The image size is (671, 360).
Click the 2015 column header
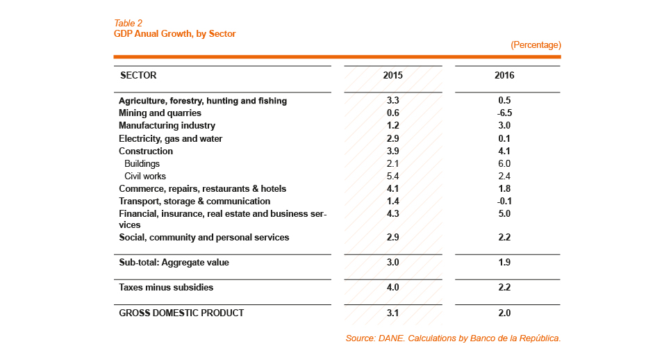(392, 75)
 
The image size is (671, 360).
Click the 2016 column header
(504, 75)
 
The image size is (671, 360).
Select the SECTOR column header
(138, 75)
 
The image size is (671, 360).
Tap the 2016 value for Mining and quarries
(504, 113)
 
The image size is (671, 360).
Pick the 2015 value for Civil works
(392, 177)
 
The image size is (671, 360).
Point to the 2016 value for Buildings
(504, 164)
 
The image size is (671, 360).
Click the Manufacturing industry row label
(167, 126)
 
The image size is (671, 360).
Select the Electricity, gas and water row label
(170, 139)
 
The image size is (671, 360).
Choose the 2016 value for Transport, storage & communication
(504, 202)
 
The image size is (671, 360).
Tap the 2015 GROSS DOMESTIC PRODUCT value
(392, 313)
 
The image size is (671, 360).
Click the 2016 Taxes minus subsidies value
(504, 288)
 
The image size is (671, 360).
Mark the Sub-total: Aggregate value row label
(174, 263)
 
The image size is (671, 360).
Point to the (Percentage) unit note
(536, 45)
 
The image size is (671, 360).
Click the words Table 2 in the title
(128, 24)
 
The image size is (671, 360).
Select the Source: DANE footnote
(452, 338)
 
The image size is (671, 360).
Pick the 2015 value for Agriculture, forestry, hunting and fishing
(392, 101)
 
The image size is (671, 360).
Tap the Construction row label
(146, 152)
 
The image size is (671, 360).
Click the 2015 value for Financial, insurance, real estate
(392, 214)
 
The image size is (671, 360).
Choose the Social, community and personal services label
(204, 238)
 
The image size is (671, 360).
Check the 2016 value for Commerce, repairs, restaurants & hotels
(504, 189)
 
